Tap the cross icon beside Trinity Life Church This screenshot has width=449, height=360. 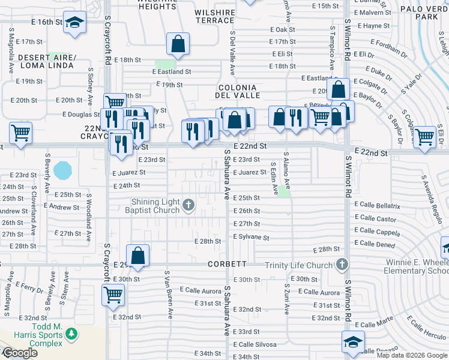[x=342, y=265]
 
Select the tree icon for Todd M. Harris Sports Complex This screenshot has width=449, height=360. [x=71, y=333]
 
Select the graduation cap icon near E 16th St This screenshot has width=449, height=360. [x=75, y=23]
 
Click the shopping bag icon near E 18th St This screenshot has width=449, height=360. [x=178, y=44]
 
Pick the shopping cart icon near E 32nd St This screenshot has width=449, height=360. [x=113, y=295]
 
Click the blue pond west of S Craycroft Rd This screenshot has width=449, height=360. [x=62, y=170]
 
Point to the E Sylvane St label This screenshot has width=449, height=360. [x=251, y=237]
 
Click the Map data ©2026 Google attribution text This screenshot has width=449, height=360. [x=411, y=355]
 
